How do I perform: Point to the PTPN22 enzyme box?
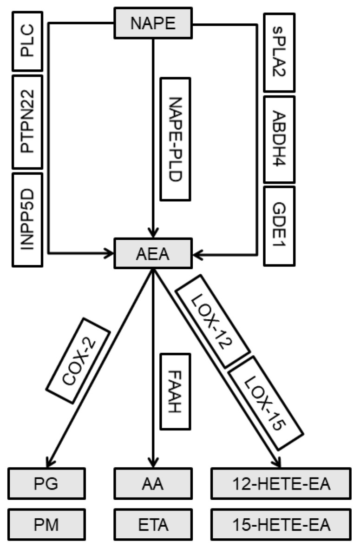point(27,122)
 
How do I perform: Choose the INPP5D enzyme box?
point(27,219)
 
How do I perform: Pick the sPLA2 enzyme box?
point(279,52)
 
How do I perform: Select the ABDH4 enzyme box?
point(279,139)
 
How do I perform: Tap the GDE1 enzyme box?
point(279,220)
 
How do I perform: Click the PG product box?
point(47,484)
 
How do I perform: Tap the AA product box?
point(153,484)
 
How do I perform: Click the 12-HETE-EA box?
point(280,484)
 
